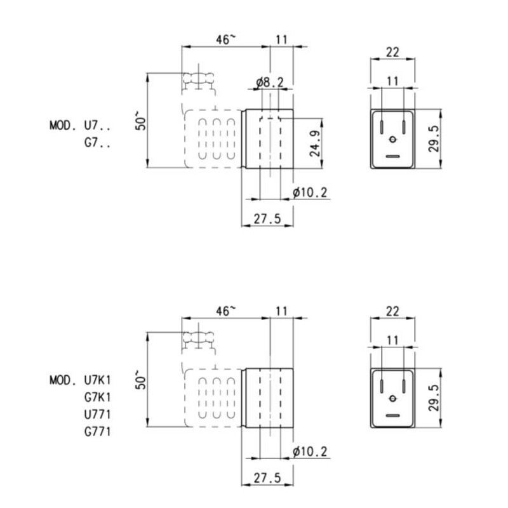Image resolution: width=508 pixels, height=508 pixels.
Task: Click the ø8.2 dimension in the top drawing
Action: [270, 82]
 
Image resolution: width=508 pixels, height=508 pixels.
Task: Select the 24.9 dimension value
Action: [314, 143]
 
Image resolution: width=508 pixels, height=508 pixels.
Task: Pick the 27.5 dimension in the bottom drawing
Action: [267, 477]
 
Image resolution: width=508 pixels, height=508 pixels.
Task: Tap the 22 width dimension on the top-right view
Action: [392, 53]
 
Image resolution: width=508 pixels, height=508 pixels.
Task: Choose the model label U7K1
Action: [98, 381]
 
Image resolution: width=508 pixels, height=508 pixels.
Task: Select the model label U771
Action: [98, 415]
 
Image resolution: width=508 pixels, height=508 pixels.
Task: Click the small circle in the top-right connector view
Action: [392, 140]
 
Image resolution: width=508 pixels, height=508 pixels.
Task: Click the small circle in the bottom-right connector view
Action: [392, 398]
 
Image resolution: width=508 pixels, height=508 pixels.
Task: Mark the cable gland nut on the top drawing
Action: [199, 80]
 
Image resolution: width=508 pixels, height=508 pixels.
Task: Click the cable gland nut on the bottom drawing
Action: [199, 338]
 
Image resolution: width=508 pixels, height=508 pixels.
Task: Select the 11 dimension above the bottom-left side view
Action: [282, 311]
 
